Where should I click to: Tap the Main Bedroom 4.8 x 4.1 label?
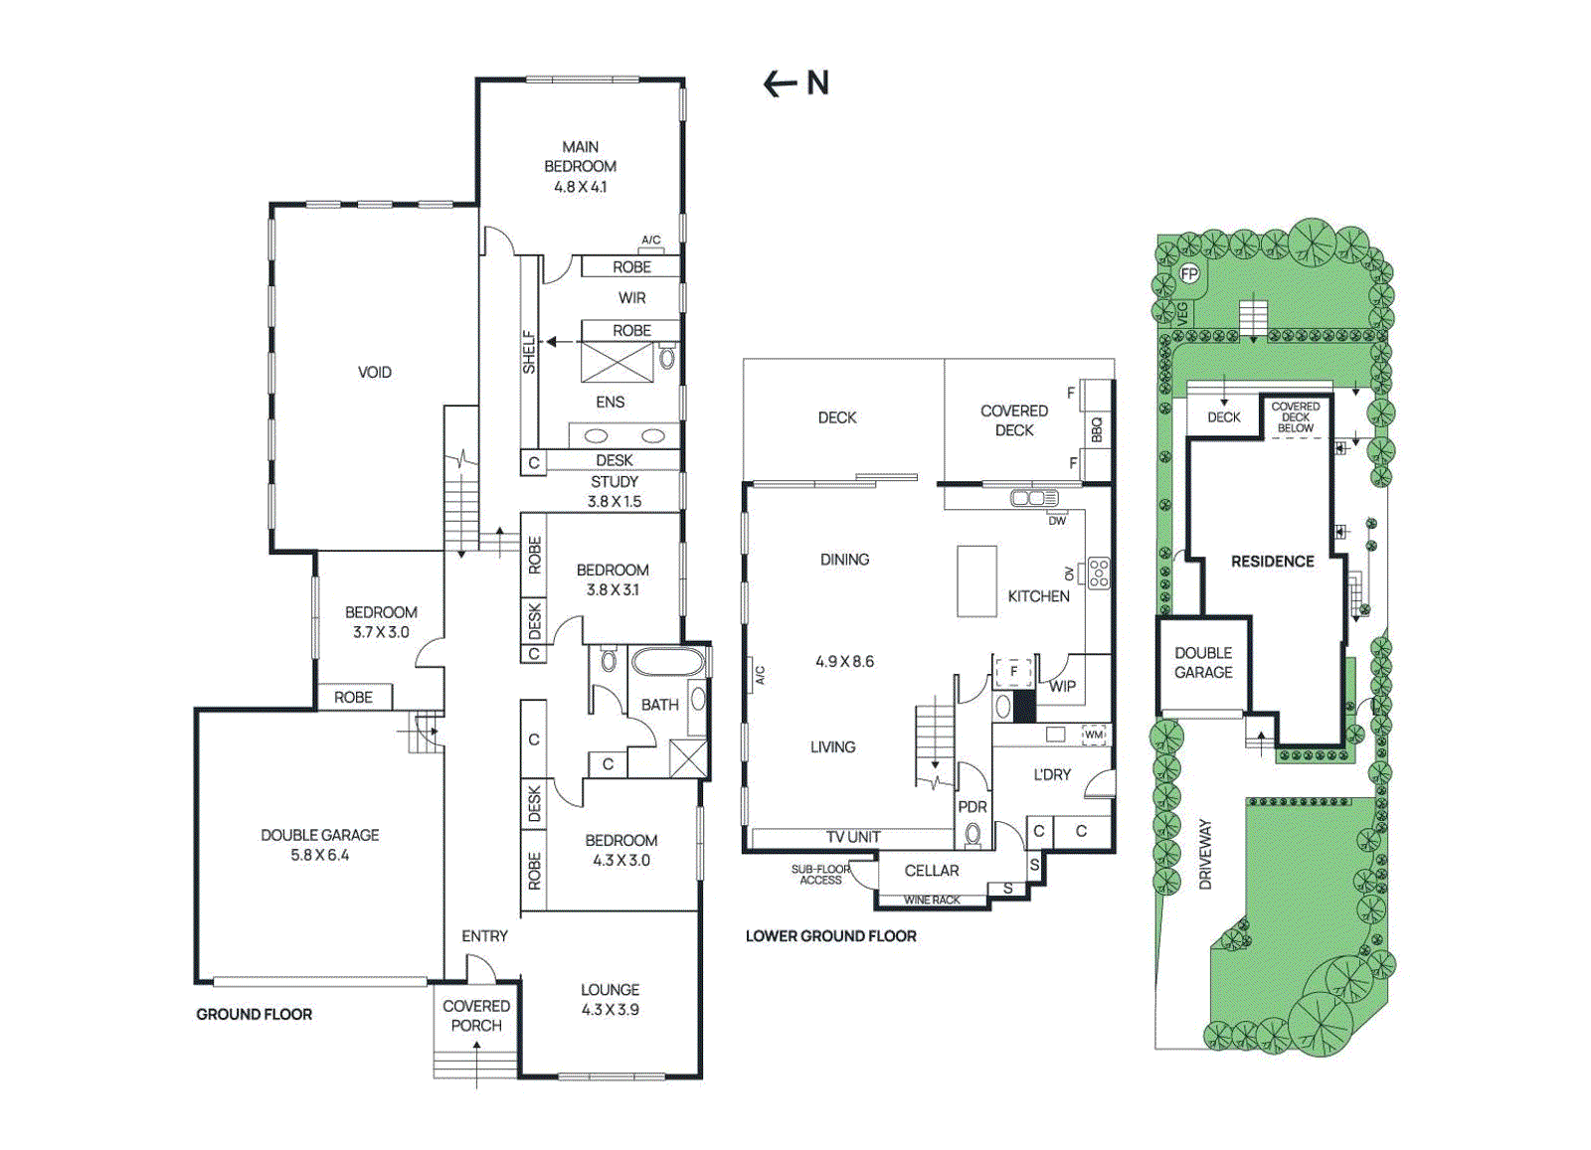point(581,167)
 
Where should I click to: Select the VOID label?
point(374,372)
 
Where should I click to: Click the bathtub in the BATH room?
point(667,662)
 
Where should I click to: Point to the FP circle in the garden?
point(1189,274)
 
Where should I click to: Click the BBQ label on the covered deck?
point(1096,430)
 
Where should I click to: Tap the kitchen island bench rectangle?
point(976,580)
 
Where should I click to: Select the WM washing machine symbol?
point(1094,735)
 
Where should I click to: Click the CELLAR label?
point(931,871)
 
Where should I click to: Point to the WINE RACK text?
point(931,901)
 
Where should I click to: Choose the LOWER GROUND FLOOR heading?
point(831,936)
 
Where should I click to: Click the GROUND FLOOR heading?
point(255,1015)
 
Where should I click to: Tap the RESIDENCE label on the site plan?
point(1272,562)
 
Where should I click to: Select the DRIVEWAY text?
point(1205,855)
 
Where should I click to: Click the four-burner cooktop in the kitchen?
point(1098,573)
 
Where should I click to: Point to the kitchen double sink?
point(1034,498)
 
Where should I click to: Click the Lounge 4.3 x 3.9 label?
point(611,1000)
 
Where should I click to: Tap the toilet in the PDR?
point(972,833)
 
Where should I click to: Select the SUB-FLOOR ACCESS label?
point(820,875)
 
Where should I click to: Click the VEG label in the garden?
point(1182,314)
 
